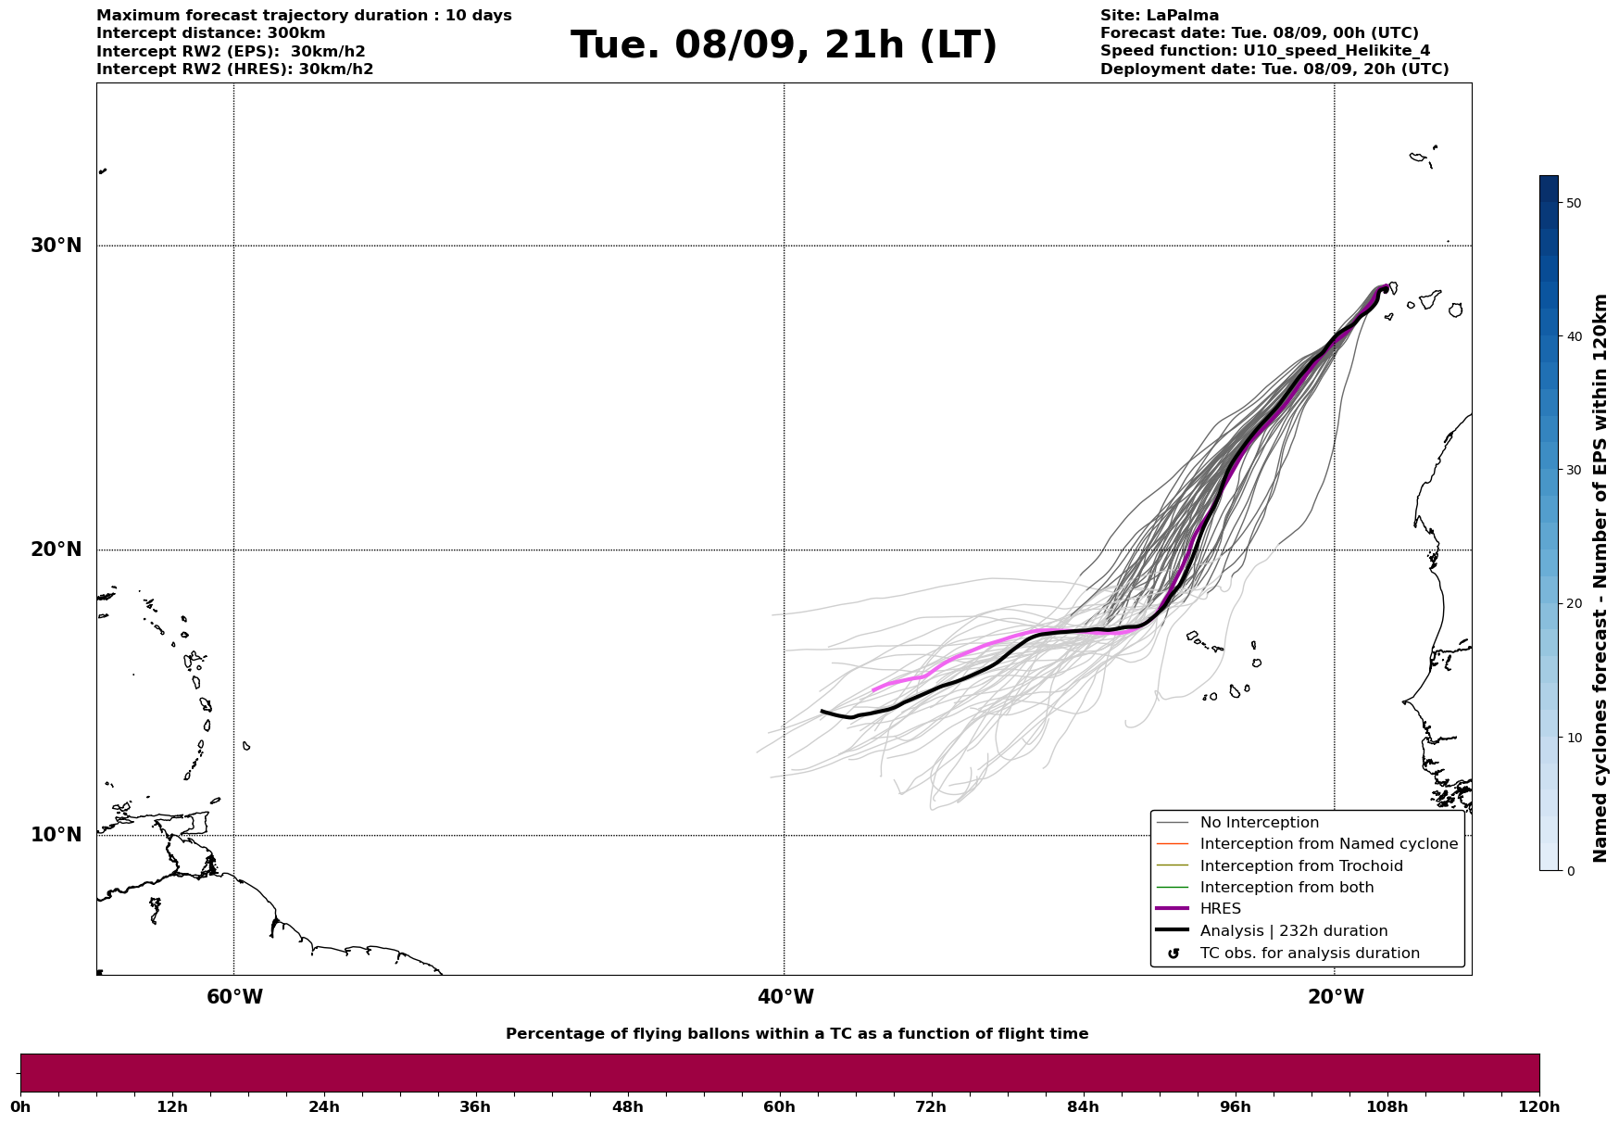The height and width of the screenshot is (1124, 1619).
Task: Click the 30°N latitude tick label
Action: [x=56, y=246]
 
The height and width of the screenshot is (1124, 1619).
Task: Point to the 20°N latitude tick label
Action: [x=56, y=549]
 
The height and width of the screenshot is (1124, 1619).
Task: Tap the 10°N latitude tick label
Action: [x=56, y=835]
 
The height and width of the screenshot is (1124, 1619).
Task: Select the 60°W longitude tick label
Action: [x=234, y=997]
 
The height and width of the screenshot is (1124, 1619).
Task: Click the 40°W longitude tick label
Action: [x=785, y=997]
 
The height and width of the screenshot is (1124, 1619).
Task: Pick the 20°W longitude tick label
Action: [x=1336, y=997]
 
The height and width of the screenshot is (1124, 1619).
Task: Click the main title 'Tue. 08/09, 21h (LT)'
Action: [x=784, y=45]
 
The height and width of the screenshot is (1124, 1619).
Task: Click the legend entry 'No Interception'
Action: [x=1260, y=823]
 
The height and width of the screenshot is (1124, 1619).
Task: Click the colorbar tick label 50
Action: [x=1573, y=203]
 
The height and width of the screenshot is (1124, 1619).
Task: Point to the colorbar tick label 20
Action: [x=1573, y=604]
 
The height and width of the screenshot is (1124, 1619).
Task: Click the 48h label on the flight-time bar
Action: [x=627, y=1106]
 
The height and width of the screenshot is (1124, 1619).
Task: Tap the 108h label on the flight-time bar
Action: [x=1387, y=1106]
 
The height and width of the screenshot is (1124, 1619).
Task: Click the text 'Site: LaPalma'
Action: [x=1160, y=16]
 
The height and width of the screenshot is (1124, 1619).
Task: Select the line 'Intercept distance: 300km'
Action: [x=211, y=33]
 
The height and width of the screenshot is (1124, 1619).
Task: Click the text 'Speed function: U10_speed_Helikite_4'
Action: [x=1265, y=52]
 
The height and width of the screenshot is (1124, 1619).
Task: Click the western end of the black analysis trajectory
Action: [x=822, y=712]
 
